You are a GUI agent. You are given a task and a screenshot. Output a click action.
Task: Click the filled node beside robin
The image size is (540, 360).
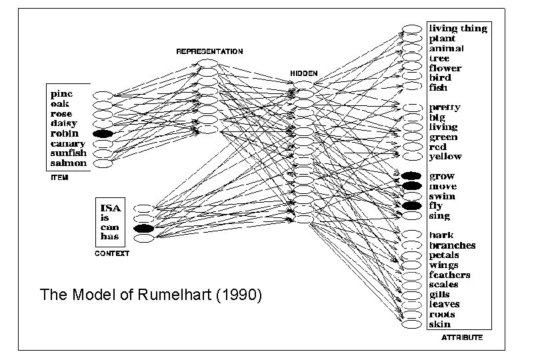point(103,133)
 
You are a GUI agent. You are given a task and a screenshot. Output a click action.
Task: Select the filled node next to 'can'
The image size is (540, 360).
point(143,228)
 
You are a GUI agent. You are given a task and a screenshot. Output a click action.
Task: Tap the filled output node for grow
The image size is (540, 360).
point(411,176)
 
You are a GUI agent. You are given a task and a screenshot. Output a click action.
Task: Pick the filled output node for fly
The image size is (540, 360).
point(411,206)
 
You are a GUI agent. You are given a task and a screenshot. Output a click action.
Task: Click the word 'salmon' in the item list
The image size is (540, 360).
point(69,163)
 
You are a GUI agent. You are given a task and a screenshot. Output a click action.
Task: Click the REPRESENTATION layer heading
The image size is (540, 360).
point(209,51)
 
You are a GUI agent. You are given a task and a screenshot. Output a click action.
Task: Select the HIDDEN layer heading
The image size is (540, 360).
point(304,72)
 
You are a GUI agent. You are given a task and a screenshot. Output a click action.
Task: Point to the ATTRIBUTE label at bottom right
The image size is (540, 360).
point(462,338)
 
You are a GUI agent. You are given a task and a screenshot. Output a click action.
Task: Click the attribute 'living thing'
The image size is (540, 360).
point(457,29)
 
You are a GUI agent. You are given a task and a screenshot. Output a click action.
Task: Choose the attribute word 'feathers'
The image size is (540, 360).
point(450,275)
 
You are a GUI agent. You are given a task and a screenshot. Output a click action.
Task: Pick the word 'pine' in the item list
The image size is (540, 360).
point(63,94)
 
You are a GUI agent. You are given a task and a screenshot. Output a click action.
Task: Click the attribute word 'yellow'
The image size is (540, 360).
point(445,157)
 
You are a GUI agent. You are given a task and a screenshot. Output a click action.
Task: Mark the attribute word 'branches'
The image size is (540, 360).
point(453,245)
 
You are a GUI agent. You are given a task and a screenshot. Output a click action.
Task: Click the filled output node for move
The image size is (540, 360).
point(411,186)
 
